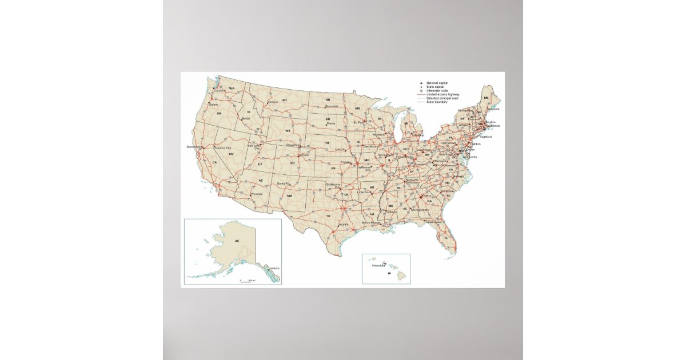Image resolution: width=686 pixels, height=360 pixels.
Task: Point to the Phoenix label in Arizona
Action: (x=256, y=194)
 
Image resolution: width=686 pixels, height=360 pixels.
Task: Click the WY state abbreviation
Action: (x=288, y=131)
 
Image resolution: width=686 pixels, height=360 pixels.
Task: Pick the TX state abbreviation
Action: (x=328, y=216)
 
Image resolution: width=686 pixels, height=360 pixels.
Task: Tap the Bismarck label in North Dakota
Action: (x=332, y=106)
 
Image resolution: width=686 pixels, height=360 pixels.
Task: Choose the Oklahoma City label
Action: (x=333, y=186)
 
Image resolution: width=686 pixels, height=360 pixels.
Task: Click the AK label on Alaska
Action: (x=236, y=241)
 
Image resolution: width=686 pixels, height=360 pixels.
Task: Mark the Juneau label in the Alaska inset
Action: (x=274, y=267)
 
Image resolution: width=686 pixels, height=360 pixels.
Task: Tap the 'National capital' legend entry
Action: (x=438, y=83)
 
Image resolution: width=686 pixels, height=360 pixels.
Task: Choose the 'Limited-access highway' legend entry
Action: (x=446, y=94)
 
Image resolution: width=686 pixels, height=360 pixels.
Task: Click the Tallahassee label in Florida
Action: (x=433, y=222)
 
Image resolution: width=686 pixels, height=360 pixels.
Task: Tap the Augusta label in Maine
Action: (x=494, y=109)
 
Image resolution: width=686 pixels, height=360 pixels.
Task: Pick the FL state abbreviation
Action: (x=446, y=237)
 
